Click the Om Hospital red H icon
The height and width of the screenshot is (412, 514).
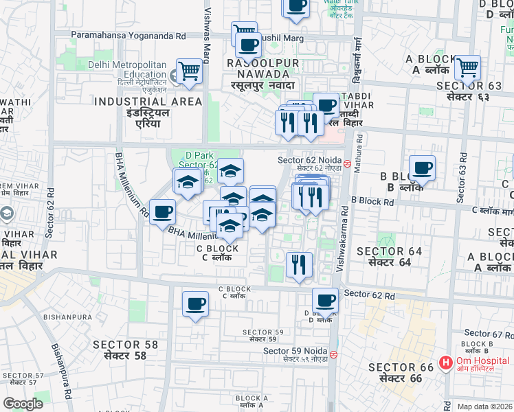pos(445,361)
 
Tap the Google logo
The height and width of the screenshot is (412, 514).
pos(23,404)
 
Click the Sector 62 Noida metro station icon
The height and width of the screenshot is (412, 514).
pos(348,163)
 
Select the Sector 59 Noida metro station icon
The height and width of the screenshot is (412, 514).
pos(333,355)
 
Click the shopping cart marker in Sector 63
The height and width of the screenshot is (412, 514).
pos(467,68)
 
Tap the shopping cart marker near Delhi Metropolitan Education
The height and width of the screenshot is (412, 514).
pos(189,71)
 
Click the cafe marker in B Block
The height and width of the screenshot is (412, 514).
pos(422,168)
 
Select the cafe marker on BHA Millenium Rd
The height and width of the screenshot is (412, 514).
pos(162,211)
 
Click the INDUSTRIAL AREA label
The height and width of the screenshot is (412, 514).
pos(148,102)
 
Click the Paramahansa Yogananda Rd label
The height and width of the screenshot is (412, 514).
pos(128,34)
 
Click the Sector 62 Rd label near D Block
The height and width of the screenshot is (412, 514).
pos(370,295)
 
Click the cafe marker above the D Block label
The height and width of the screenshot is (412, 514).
pos(325,300)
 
